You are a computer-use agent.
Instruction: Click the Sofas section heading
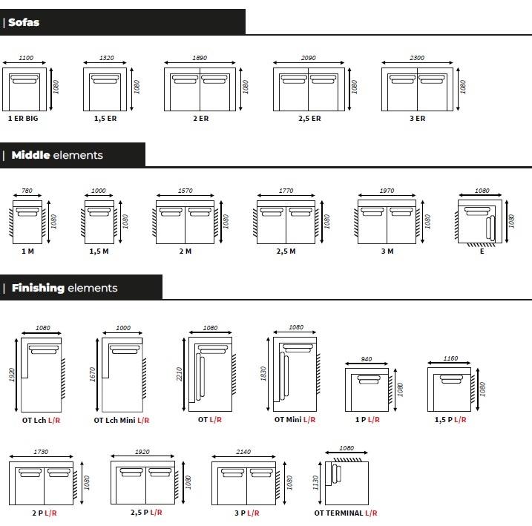tap(24, 22)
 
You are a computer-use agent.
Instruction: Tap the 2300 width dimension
tap(417, 58)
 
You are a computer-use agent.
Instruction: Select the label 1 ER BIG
tap(23, 119)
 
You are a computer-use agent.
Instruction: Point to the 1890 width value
tap(200, 58)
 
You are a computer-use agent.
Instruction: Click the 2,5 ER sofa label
tap(309, 119)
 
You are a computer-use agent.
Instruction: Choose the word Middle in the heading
tap(31, 155)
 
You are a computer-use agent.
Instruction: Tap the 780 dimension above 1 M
tap(27, 191)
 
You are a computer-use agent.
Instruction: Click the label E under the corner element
tap(482, 252)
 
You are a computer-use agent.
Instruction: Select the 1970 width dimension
tap(387, 191)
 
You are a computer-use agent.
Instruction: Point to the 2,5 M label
tap(286, 252)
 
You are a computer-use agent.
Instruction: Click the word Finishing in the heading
tap(38, 288)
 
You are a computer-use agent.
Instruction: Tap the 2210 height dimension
tap(179, 374)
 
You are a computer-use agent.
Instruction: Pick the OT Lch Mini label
tap(115, 420)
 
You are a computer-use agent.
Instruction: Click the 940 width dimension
tap(367, 359)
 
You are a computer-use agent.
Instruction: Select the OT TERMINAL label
tap(338, 513)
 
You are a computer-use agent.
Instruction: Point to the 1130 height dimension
tap(315, 483)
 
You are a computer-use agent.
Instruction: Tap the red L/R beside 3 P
tap(253, 513)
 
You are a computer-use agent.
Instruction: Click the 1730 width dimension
tap(41, 452)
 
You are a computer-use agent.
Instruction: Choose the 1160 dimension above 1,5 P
tap(450, 358)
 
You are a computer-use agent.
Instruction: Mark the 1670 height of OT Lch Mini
tap(92, 375)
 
